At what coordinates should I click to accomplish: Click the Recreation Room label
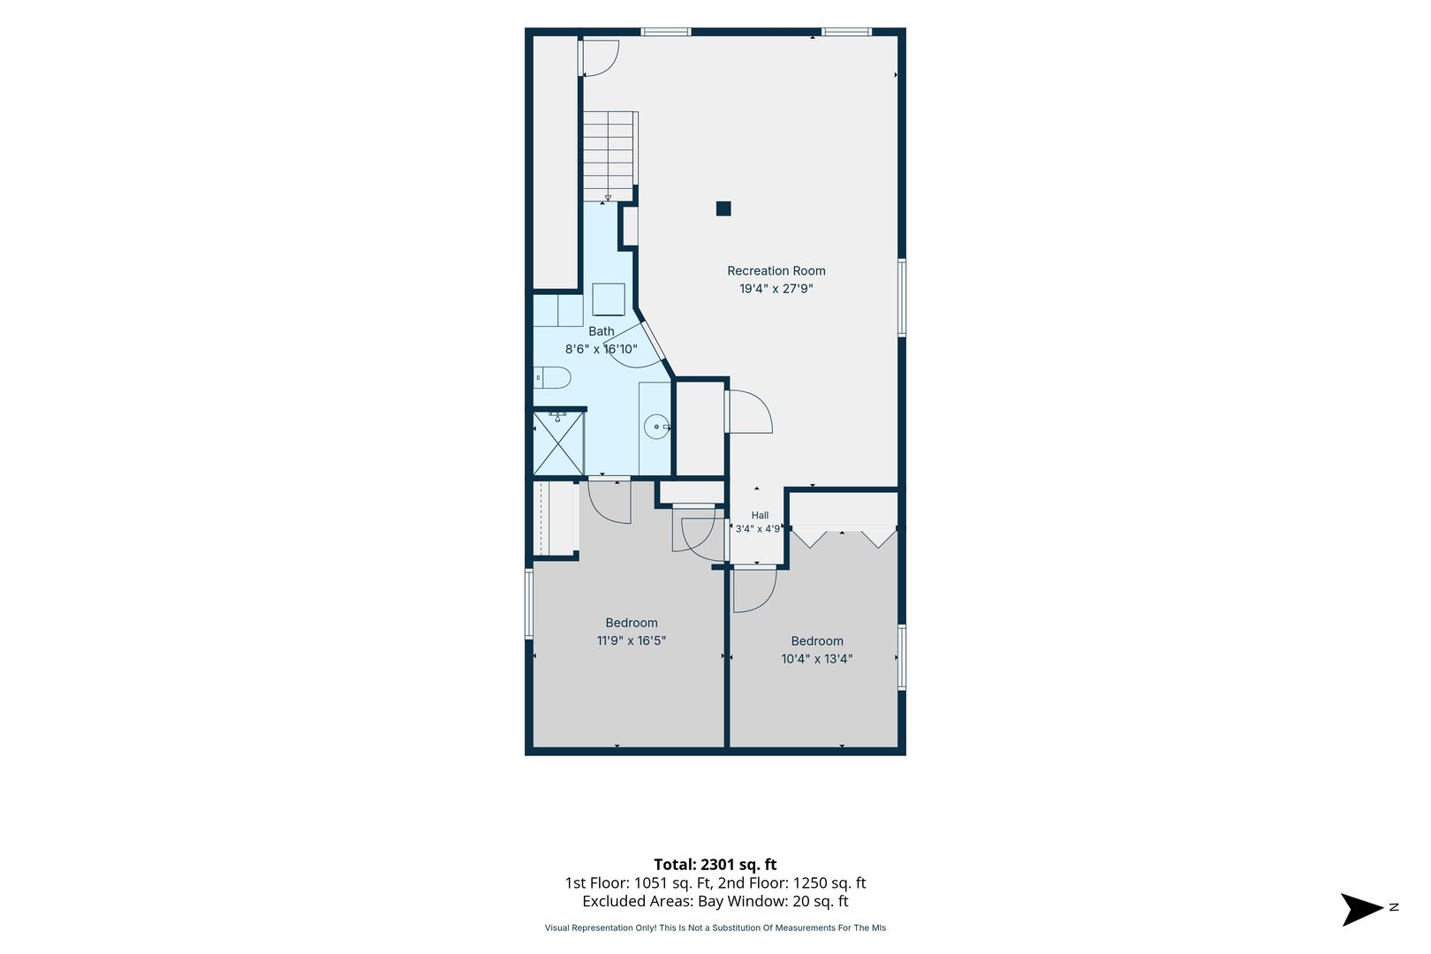pos(776,271)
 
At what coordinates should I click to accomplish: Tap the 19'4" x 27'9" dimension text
pos(776,289)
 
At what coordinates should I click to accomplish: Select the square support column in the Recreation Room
pos(723,208)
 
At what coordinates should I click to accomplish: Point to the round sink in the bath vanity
pos(656,426)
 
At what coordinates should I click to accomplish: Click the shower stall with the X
pos(558,443)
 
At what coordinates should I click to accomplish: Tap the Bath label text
pos(602,331)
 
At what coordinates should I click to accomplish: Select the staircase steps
pos(609,156)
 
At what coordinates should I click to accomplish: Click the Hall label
pos(760,515)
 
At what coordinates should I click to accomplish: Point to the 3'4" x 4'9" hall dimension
pos(758,529)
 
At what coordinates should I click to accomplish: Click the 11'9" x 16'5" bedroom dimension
pos(632,640)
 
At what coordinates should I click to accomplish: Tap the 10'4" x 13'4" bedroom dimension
pos(817,659)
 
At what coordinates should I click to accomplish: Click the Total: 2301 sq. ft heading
pos(715,865)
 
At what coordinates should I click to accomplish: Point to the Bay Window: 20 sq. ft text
pos(773,902)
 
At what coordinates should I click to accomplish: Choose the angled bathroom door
pos(653,340)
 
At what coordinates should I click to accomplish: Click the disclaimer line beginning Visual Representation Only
pos(715,927)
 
